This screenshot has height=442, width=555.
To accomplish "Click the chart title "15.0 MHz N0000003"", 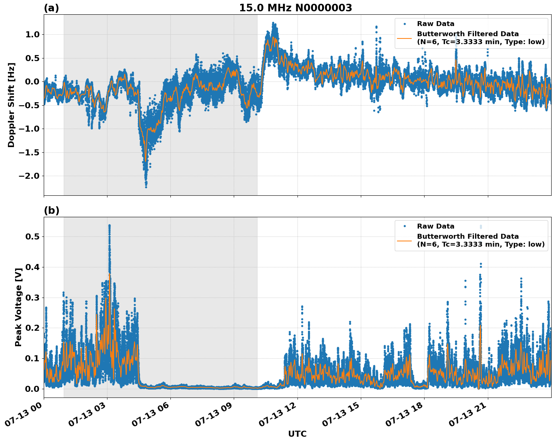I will pyautogui.click(x=295, y=8).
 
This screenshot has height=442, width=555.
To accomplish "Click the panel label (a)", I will pyautogui.click(x=51, y=8).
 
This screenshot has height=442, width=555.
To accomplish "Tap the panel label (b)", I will pyautogui.click(x=51, y=210).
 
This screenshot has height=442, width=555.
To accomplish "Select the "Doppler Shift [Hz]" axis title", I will pyautogui.click(x=11, y=105).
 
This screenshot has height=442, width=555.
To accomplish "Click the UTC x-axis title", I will pyautogui.click(x=297, y=434).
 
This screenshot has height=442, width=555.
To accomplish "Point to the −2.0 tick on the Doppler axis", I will pyautogui.click(x=29, y=176).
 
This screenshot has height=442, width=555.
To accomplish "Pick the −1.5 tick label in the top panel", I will pyautogui.click(x=29, y=152).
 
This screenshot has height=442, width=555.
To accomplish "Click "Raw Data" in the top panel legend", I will pyautogui.click(x=435, y=24).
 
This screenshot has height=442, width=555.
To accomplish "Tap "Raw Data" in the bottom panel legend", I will pyautogui.click(x=435, y=226).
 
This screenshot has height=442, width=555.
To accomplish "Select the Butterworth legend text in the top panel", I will pyautogui.click(x=480, y=38).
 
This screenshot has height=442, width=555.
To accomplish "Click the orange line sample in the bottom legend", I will pyautogui.click(x=405, y=240).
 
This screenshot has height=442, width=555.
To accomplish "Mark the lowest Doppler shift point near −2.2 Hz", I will pyautogui.click(x=146, y=187).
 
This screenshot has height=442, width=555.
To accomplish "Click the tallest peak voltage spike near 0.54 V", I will pyautogui.click(x=109, y=226).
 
